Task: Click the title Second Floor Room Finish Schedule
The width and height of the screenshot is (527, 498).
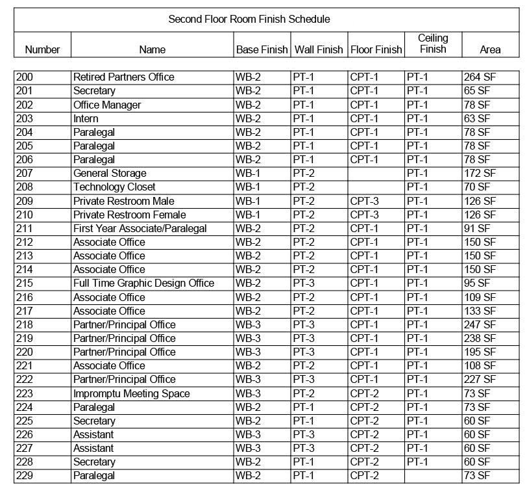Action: (x=249, y=19)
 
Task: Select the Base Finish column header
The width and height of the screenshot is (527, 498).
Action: (x=262, y=49)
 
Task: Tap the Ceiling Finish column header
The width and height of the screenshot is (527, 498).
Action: (x=433, y=44)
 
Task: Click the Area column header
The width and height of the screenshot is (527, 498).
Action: (x=490, y=49)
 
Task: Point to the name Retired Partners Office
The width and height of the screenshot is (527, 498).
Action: (x=123, y=77)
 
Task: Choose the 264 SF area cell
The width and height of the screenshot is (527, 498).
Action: (x=480, y=77)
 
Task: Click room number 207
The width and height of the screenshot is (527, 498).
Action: (x=25, y=173)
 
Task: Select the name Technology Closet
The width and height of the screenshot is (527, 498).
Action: (x=114, y=187)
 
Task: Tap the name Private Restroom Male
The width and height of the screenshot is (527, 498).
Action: (x=123, y=201)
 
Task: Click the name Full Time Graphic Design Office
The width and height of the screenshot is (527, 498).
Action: (x=143, y=283)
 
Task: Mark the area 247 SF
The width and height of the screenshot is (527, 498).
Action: (x=480, y=324)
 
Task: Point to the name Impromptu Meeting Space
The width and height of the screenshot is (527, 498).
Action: (x=131, y=393)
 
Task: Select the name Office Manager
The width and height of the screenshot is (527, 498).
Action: (x=107, y=105)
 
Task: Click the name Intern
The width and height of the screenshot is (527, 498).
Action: (x=86, y=118)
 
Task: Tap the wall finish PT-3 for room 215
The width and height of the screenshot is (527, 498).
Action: (x=303, y=283)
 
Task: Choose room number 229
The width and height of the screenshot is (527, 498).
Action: (x=25, y=475)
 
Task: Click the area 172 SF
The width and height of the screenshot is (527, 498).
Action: (x=480, y=173)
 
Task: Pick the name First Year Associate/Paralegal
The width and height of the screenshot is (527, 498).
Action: (x=140, y=228)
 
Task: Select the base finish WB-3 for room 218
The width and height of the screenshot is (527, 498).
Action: (x=248, y=324)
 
